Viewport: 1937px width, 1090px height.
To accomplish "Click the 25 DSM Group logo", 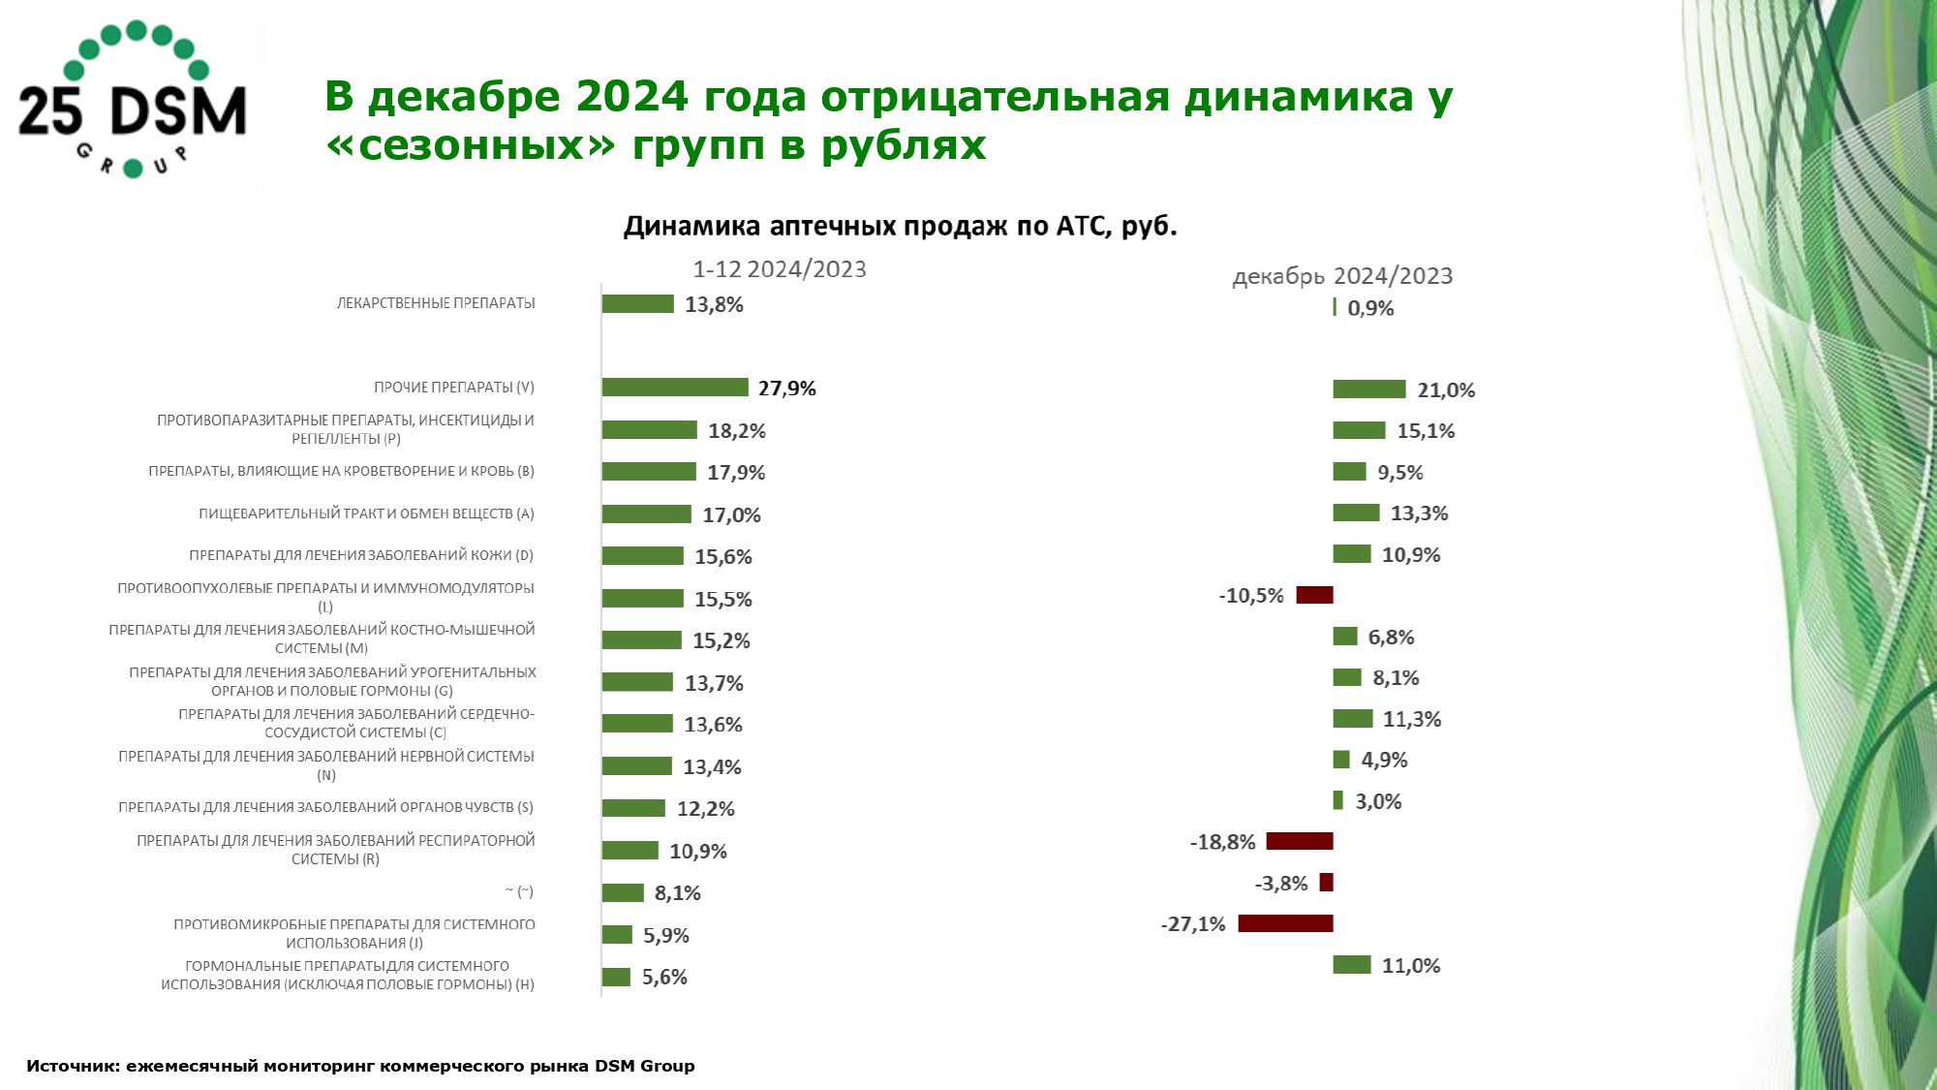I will tap(133, 100).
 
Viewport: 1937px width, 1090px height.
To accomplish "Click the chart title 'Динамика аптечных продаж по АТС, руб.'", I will tap(900, 226).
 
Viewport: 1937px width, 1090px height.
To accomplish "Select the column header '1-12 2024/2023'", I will tap(779, 269).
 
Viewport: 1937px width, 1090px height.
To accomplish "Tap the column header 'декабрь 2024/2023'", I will tap(1342, 276).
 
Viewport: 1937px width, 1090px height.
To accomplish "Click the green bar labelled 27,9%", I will tap(675, 388).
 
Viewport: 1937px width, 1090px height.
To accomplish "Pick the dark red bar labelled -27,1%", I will tap(1285, 923).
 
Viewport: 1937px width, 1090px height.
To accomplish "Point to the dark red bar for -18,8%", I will tap(1300, 841).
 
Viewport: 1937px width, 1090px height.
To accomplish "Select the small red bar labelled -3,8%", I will tap(1326, 883).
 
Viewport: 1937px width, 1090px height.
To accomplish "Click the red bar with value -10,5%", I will tap(1314, 595).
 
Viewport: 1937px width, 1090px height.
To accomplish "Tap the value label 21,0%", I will tap(1446, 390).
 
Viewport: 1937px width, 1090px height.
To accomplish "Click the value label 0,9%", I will tap(1370, 308).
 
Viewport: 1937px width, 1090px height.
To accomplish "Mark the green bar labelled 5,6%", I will tap(616, 977).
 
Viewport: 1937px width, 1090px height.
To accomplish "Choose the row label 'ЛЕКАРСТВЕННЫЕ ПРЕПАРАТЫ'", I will tap(436, 303).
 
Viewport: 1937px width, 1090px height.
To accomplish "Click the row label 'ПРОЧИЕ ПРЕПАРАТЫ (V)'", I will tap(454, 388).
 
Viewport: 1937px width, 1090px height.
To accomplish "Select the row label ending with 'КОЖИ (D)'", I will tap(361, 555).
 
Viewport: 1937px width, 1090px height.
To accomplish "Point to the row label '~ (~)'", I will tap(519, 891).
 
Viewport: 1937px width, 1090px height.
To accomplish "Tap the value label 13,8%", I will tap(714, 305).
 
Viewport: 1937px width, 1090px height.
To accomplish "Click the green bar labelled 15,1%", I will tap(1359, 430).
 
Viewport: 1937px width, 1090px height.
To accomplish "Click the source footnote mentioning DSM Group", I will tap(360, 1066).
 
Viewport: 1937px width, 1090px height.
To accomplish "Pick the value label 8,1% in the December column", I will tap(1396, 678).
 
